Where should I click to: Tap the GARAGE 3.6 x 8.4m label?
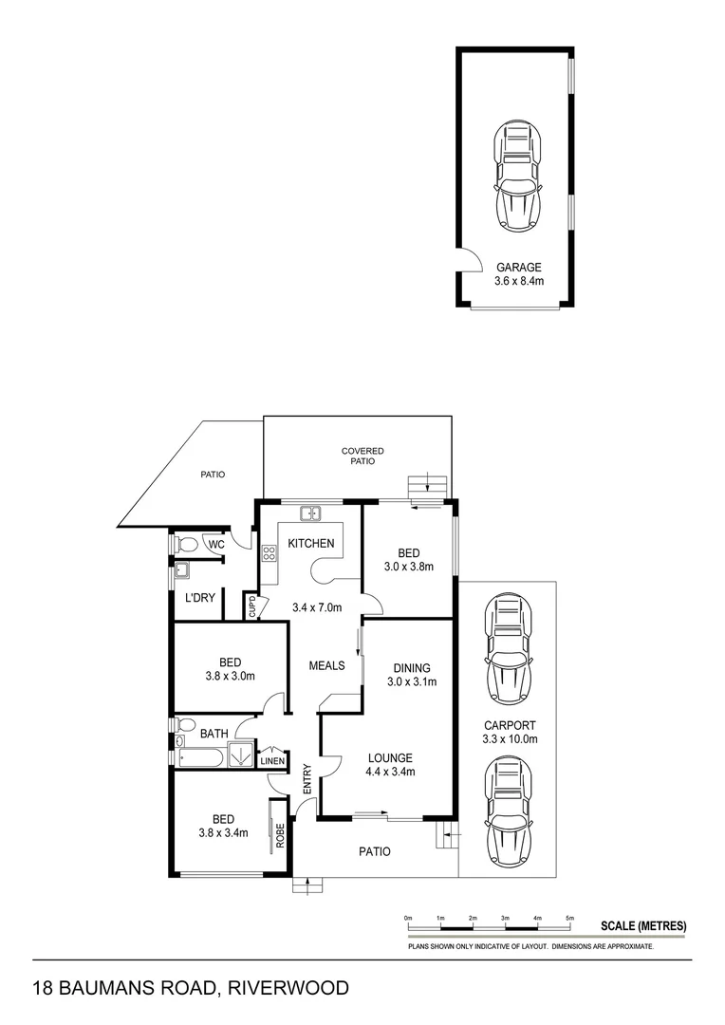518,274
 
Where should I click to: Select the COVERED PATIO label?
362,456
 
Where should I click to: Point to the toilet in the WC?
186,545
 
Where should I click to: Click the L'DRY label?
200,599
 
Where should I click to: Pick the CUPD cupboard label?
253,606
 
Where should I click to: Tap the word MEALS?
325,665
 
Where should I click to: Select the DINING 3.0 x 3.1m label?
410,676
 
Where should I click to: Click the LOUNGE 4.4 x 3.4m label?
391,765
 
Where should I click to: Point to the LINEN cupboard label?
271,760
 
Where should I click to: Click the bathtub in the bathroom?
199,757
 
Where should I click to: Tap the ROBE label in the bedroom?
280,834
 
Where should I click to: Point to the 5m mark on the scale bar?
569,919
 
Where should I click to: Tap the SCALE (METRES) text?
643,926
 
